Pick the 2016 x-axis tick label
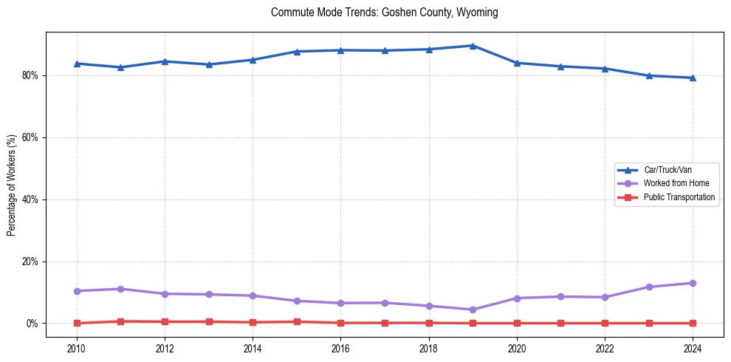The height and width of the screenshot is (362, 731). [x=340, y=348]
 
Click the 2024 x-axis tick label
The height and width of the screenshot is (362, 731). [x=693, y=348]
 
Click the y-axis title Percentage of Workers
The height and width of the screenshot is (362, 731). [x=12, y=185]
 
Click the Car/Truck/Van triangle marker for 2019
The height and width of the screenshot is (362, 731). [x=473, y=46]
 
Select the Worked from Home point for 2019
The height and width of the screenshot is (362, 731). [x=473, y=310]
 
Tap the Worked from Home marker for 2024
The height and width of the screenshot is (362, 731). [x=693, y=283]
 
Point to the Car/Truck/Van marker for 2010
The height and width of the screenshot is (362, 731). [x=77, y=64]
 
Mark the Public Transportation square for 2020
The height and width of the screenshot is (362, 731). [x=517, y=323]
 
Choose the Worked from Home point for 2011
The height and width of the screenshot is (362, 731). [x=121, y=289]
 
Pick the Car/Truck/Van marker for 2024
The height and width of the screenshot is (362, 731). [x=693, y=78]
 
